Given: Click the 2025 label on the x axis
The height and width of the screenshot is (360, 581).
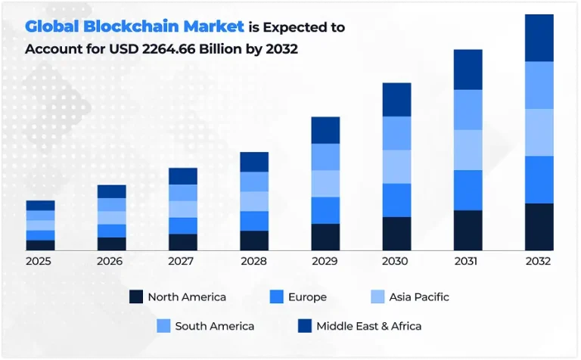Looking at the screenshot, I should [40, 261].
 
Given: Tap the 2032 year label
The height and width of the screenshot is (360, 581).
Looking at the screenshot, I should [539, 261].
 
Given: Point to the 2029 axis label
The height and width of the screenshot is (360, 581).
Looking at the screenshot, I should [325, 261].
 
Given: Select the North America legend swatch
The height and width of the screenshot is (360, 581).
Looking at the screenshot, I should [136, 297].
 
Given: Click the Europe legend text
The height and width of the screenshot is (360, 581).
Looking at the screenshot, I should [307, 297].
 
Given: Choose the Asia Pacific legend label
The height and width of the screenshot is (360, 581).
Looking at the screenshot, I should [419, 297].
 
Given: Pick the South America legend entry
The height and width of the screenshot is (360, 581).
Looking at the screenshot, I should [214, 326].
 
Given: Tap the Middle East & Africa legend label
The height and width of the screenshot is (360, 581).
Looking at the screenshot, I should [368, 326].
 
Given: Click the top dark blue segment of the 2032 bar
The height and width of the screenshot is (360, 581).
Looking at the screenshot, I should [539, 38].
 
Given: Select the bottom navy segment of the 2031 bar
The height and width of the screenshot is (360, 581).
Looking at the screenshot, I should [468, 230].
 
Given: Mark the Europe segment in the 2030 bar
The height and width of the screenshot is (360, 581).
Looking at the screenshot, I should [396, 200].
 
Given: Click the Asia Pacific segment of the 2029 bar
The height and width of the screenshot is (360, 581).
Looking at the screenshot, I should [325, 184].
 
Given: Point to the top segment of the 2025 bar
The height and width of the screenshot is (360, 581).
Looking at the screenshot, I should [40, 205].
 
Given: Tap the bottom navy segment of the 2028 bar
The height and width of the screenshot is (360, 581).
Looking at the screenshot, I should [254, 241].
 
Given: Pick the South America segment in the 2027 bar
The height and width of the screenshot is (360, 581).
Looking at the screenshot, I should [183, 193].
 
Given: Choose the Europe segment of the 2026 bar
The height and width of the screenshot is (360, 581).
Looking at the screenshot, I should [111, 231].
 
